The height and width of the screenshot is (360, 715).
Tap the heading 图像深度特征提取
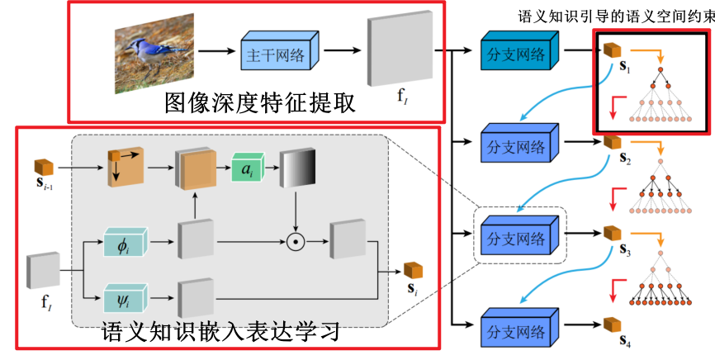point(259,102)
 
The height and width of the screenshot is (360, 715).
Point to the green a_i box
point(247,169)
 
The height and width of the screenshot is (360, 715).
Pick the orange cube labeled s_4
point(611,324)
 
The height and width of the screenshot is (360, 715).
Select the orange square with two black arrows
point(125,169)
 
